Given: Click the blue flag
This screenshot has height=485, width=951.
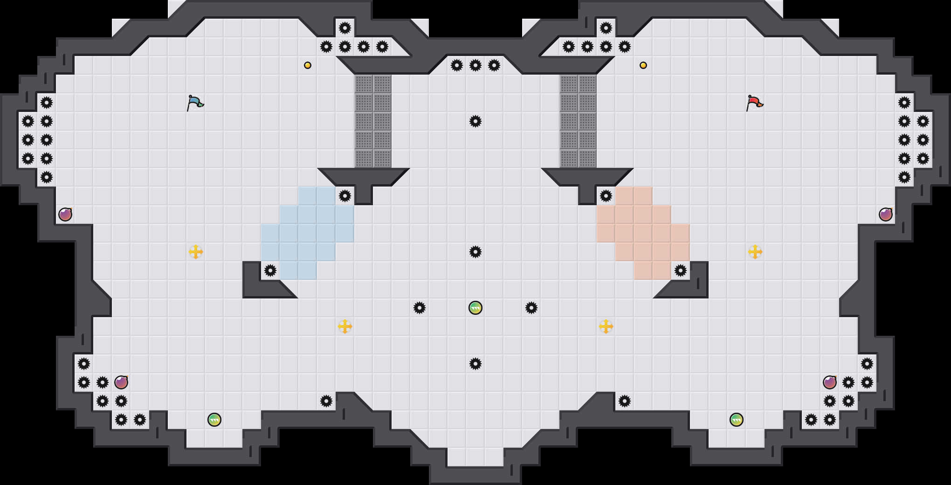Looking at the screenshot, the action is (x=195, y=103).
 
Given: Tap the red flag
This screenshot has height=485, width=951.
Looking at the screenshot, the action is (x=754, y=103).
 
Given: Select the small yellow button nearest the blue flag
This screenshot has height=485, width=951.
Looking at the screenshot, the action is (x=308, y=65).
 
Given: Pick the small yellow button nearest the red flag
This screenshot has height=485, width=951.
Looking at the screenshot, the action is (x=643, y=65).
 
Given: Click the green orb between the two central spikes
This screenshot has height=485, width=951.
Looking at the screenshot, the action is (x=475, y=308).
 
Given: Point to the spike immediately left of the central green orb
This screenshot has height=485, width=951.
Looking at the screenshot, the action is (x=420, y=308).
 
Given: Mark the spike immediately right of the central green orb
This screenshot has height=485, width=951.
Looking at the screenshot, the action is (x=531, y=308).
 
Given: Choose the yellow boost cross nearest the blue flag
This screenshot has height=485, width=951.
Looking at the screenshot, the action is (x=196, y=252).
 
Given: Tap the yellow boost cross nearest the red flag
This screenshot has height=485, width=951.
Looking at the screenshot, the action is (x=755, y=252).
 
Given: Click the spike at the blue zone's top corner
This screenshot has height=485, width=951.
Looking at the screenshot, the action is (x=345, y=196).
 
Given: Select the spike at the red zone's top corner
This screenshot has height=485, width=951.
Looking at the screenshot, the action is (x=606, y=196).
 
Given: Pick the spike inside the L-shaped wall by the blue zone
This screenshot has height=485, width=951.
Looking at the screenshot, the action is (x=270, y=270).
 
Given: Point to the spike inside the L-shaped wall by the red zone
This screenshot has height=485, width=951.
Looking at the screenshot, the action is (x=681, y=270).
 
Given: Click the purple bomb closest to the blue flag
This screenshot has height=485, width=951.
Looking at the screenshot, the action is (x=65, y=215).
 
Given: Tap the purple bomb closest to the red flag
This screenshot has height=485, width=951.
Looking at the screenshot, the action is (x=886, y=215).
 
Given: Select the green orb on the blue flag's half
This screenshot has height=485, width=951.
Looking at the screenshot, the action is (x=214, y=420).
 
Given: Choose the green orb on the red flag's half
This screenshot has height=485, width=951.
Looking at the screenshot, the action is (x=737, y=420).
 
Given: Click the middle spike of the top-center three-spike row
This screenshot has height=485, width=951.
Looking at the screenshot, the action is (x=475, y=65).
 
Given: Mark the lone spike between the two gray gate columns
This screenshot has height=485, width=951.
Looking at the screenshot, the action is (x=475, y=121).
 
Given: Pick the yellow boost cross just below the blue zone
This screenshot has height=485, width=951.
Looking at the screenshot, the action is (x=345, y=326).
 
